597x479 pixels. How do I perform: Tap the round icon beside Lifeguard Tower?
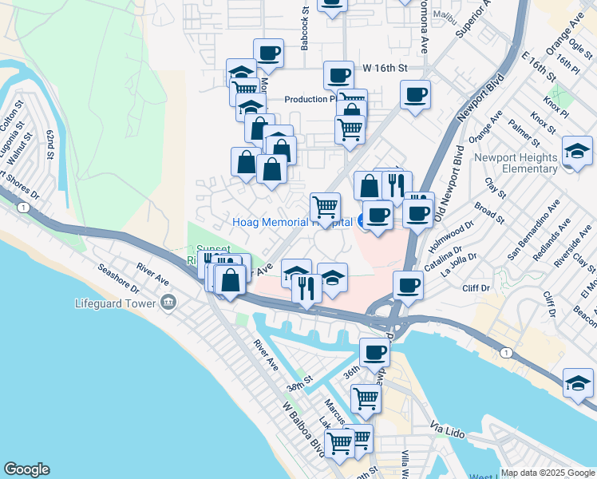pos(168,303)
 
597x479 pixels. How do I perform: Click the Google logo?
pos(26,469)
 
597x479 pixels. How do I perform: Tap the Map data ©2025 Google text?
pos(548,473)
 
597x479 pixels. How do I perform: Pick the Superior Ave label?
pos(471,22)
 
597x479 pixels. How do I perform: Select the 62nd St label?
pos(49,143)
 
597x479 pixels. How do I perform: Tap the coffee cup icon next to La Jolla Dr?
pos(409,285)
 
